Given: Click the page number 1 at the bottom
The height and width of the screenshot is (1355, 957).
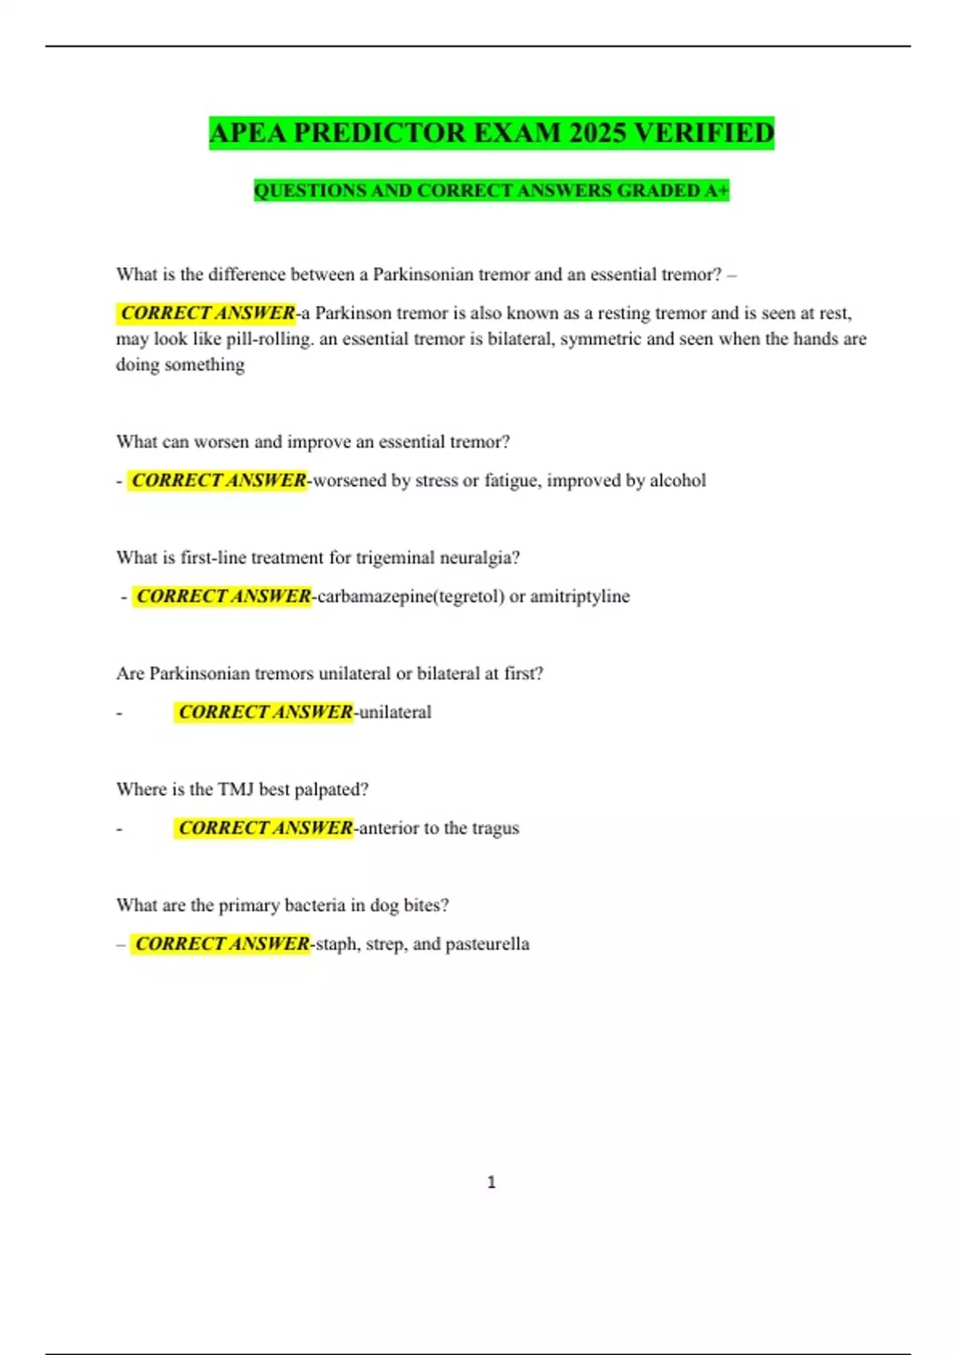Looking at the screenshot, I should tap(491, 1182).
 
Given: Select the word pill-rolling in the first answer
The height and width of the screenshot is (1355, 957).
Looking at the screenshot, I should tap(270, 339).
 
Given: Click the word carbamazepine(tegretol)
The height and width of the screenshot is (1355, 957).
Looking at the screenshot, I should tap(411, 596).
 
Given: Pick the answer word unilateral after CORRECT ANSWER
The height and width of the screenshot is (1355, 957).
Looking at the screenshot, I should tap(395, 712).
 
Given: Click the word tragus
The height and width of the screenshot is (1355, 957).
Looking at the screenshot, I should tap(494, 828).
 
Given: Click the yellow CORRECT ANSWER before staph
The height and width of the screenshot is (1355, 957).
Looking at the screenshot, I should tap(222, 944).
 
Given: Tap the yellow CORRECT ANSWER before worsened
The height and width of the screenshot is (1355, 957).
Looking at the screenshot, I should tap(219, 481).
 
